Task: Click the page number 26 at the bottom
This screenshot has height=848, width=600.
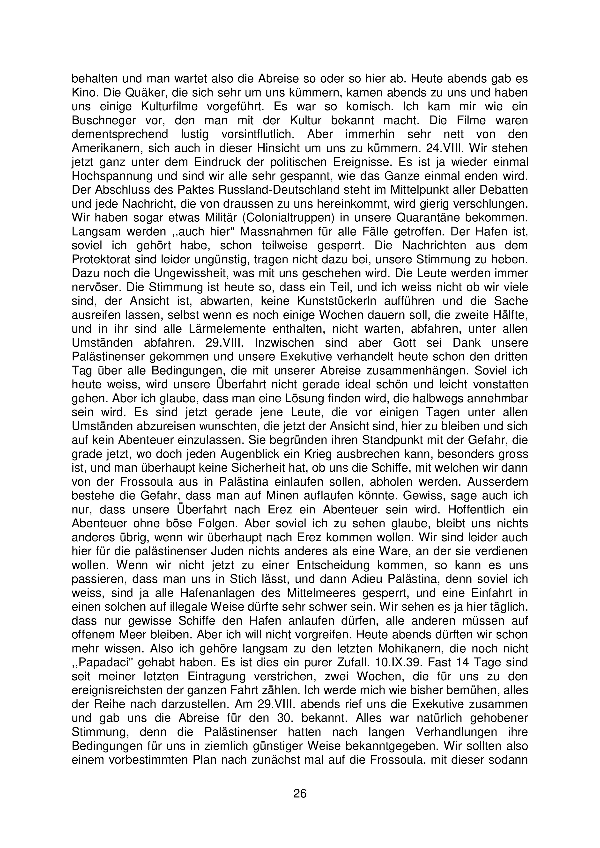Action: (300, 793)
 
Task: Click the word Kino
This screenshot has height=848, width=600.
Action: (82, 92)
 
